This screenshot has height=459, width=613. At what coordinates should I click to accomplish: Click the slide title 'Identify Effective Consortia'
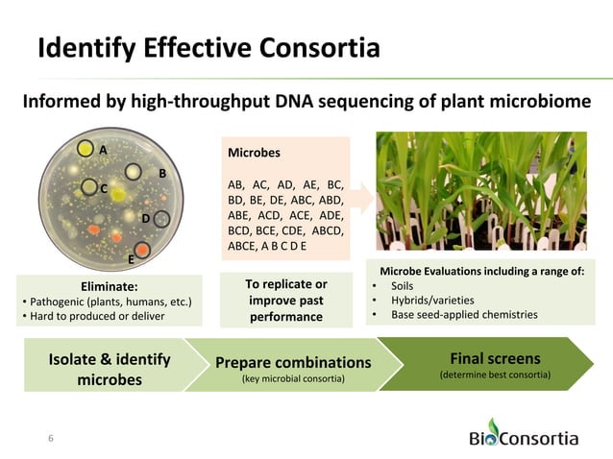(x=208, y=47)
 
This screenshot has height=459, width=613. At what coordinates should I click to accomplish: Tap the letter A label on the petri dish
(x=103, y=150)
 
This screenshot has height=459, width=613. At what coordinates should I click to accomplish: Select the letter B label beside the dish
(x=162, y=173)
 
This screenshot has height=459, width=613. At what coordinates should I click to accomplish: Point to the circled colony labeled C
(x=89, y=187)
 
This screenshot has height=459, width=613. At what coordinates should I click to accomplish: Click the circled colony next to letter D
(x=162, y=219)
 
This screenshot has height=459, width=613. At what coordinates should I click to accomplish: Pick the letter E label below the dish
(x=131, y=259)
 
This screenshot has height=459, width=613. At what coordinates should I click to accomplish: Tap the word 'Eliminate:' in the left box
(x=109, y=285)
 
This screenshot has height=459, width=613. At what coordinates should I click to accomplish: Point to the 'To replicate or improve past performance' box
(x=285, y=300)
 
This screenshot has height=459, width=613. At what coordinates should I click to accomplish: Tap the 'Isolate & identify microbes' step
(x=109, y=369)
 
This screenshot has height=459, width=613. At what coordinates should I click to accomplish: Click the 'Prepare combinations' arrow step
(x=292, y=369)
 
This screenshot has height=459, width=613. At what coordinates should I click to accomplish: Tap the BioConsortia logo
(x=523, y=435)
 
